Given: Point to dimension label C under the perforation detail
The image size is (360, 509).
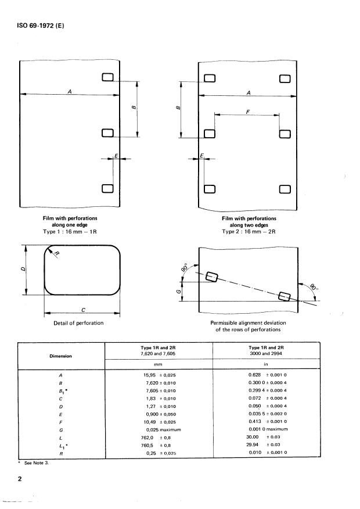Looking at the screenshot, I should [82, 309].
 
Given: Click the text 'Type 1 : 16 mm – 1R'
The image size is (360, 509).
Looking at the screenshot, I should [69, 231].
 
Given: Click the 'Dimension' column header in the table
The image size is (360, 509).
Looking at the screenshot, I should [61, 356].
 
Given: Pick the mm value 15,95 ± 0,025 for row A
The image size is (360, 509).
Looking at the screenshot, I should [159, 375].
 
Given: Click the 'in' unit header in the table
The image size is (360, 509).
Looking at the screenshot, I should [265, 364].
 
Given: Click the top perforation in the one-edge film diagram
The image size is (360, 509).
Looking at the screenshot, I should [107, 78].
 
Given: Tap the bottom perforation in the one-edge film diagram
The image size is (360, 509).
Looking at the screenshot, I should [107, 188].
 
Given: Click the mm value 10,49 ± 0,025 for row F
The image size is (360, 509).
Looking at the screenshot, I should [159, 421].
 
